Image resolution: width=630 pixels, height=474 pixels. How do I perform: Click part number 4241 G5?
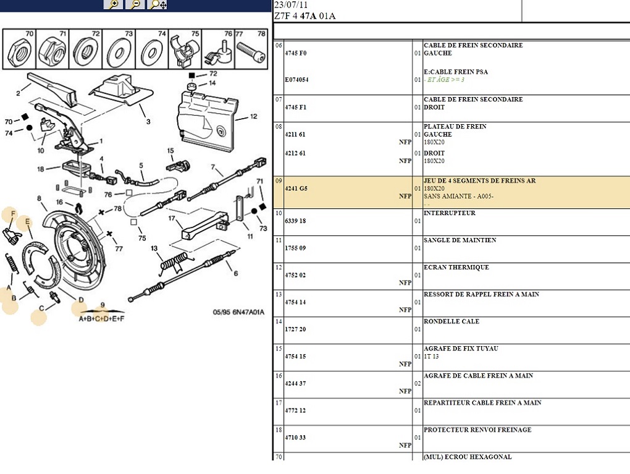295,188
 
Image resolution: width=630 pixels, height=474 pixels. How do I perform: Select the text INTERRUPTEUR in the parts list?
449,213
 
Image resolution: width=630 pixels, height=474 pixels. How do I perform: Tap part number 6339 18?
295,221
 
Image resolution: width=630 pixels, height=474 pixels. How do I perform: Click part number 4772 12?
295,410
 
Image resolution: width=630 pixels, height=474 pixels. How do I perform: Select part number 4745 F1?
295,108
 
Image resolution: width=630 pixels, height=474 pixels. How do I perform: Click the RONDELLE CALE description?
451,321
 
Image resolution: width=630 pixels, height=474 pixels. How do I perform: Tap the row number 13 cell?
279,295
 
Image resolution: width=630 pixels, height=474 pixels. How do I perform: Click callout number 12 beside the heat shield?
253,117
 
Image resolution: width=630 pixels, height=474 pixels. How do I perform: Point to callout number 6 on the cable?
235,273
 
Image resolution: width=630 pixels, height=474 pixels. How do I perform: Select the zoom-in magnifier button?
113,4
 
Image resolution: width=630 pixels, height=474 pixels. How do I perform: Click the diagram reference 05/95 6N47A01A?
238,313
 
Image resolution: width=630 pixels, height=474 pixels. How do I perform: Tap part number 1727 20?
295,329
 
